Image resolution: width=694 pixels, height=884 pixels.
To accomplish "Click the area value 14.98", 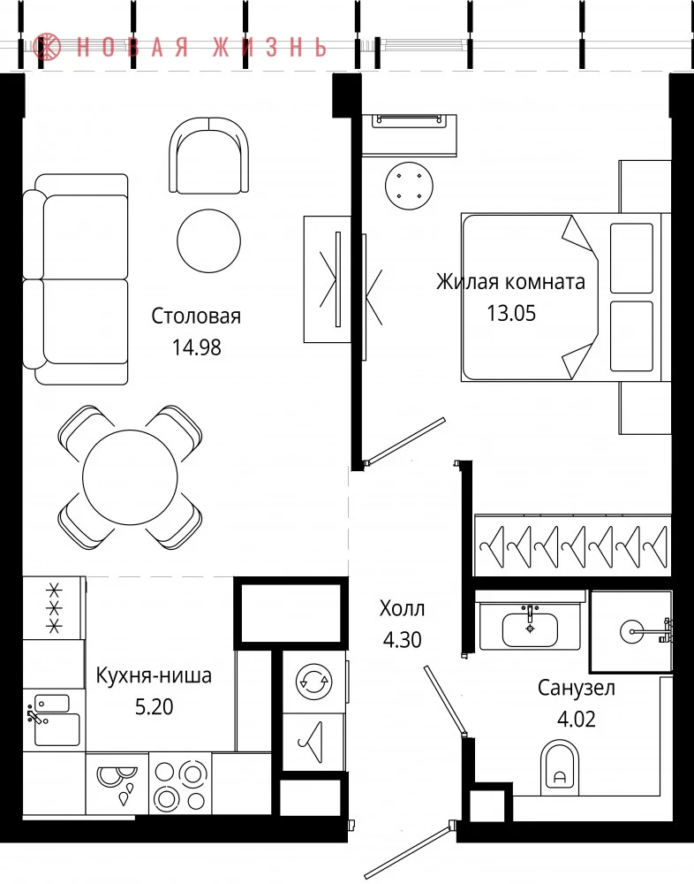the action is (197, 347).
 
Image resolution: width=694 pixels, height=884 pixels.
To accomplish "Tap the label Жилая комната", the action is (510, 281).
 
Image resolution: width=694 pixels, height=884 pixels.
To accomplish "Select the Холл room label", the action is (403, 608).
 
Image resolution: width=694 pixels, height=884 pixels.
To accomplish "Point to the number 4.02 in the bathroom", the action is (577, 719).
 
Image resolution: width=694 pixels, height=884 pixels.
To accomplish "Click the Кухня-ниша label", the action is (154, 674).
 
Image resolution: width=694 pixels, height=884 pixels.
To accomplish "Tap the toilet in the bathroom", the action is (560, 767).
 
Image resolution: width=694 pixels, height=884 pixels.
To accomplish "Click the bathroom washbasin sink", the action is (530, 629).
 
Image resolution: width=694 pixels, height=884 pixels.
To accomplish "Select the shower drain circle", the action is (631, 631).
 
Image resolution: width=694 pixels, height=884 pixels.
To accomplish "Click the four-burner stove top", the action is (180, 783).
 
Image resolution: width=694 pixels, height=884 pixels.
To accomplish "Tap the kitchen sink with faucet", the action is (54, 720).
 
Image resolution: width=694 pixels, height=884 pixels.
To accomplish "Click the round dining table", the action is (130, 477).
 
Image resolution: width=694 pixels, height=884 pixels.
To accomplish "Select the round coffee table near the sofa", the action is (209, 240).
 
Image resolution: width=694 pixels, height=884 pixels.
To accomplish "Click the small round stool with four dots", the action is (409, 186).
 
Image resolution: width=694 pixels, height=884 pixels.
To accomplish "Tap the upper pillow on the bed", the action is (631, 257).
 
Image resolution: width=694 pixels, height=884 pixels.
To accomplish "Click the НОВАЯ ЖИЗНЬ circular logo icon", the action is (47, 47).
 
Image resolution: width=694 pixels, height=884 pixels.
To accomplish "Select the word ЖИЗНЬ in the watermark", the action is (270, 47).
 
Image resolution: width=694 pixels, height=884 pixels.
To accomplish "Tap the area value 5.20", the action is (154, 706).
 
